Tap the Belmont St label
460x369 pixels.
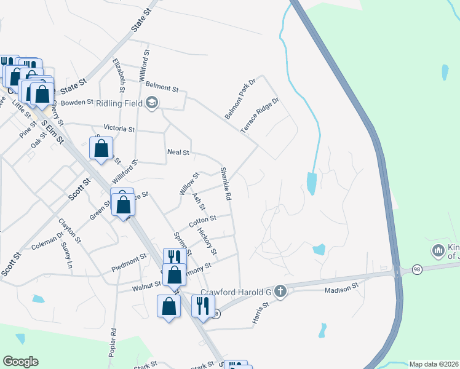161,89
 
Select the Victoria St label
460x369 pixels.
119,129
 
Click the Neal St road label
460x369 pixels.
178,151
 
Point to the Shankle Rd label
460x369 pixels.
225,184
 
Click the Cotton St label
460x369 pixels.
202,218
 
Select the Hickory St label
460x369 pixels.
207,242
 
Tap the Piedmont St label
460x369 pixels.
129,268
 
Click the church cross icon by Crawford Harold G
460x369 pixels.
280,291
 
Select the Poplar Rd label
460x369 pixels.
113,339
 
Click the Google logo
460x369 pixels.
21,361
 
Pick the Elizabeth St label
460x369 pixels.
119,74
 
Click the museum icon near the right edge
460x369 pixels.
438,251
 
